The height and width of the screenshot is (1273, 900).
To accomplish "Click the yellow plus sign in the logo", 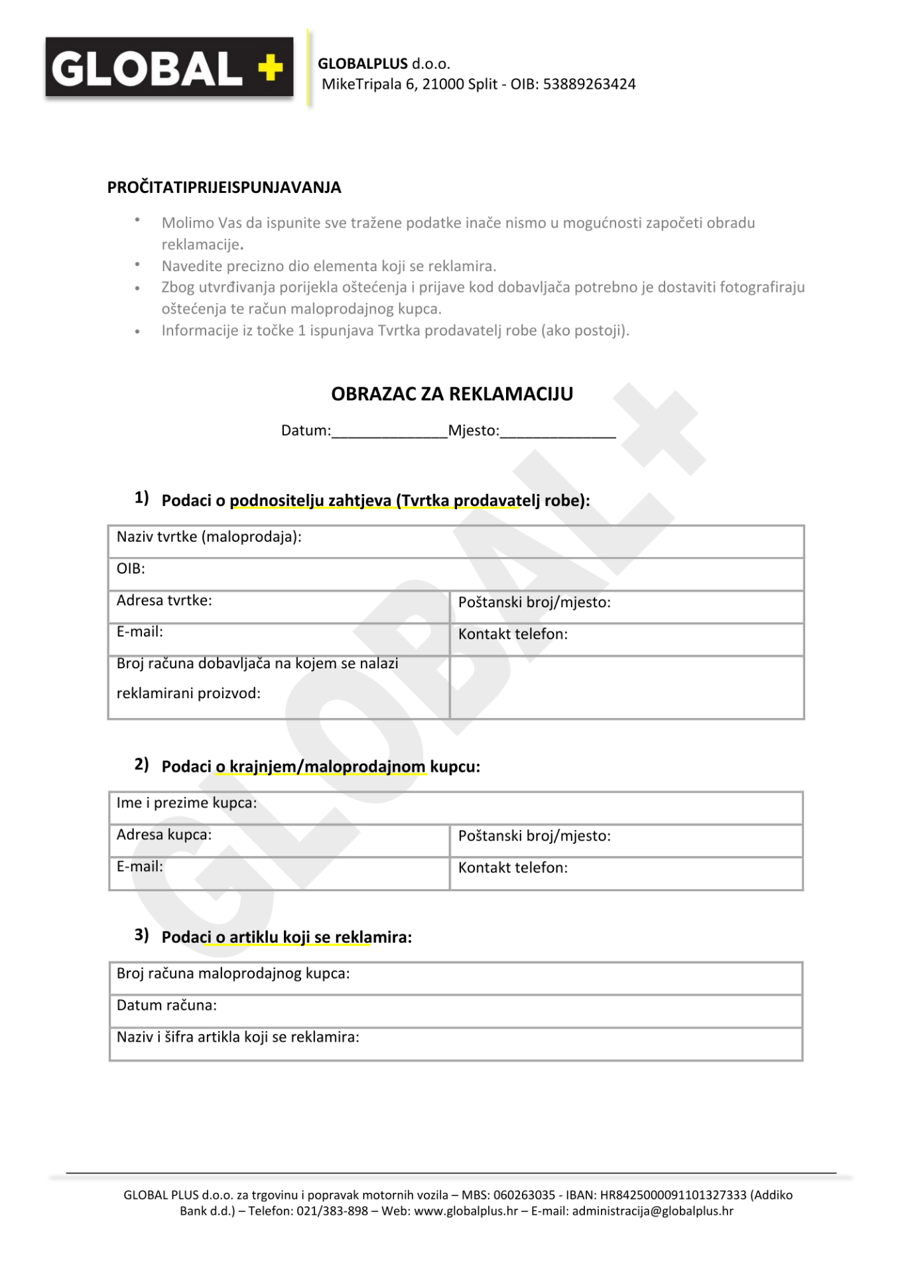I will pyautogui.click(x=270, y=68).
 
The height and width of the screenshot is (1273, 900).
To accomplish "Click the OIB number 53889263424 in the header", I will pyautogui.click(x=589, y=84).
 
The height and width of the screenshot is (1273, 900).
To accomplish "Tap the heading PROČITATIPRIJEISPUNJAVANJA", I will pyautogui.click(x=224, y=188).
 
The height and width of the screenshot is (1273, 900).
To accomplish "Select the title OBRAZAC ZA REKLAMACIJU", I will pyautogui.click(x=452, y=394).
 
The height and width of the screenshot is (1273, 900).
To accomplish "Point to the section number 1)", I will pyautogui.click(x=141, y=498).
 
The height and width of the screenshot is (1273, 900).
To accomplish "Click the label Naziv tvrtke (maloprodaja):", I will pyautogui.click(x=209, y=537).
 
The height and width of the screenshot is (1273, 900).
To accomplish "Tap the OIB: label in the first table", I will pyautogui.click(x=131, y=569).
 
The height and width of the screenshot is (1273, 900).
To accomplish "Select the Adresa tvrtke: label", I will pyautogui.click(x=164, y=601).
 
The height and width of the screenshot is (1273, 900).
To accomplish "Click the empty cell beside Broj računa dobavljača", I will pyautogui.click(x=626, y=687).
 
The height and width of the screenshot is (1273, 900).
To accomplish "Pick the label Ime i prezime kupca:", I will pyautogui.click(x=186, y=803).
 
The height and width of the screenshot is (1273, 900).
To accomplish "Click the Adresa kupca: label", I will pyautogui.click(x=164, y=835).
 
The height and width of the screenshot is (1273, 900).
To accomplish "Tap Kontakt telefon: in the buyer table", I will pyautogui.click(x=513, y=868).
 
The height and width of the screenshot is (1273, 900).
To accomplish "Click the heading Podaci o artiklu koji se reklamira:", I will pyautogui.click(x=287, y=937).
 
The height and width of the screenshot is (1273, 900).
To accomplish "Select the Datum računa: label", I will pyautogui.click(x=166, y=1005).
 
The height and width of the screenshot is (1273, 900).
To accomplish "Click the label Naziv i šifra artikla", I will pyautogui.click(x=237, y=1037).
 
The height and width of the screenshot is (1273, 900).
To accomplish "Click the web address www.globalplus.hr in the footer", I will pyautogui.click(x=466, y=1211).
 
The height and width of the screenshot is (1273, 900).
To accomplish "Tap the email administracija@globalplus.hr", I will pyautogui.click(x=653, y=1211).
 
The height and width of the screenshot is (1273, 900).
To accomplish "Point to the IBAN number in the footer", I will pyautogui.click(x=673, y=1195).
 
